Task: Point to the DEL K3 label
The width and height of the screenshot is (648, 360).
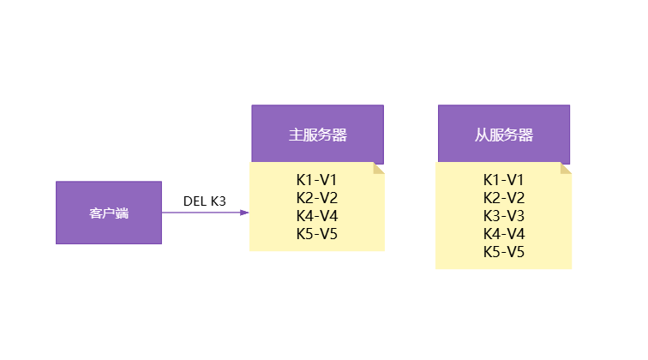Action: pyautogui.click(x=205, y=201)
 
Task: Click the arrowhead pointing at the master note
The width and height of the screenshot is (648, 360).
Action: pyautogui.click(x=244, y=213)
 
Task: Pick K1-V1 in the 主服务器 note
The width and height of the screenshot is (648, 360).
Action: pyautogui.click(x=317, y=180)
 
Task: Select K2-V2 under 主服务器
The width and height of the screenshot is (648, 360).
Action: pyautogui.click(x=317, y=198)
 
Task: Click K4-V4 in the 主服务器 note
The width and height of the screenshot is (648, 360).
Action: pyautogui.click(x=317, y=216)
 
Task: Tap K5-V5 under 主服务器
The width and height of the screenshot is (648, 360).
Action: pyautogui.click(x=317, y=234)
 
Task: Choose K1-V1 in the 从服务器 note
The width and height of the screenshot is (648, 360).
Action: pyautogui.click(x=504, y=180)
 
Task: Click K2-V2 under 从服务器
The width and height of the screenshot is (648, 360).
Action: pyautogui.click(x=504, y=198)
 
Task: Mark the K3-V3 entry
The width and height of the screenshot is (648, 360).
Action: pyautogui.click(x=504, y=216)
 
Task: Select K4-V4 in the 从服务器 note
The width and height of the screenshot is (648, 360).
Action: pyautogui.click(x=504, y=234)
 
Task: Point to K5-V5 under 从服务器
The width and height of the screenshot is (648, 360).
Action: pyautogui.click(x=504, y=252)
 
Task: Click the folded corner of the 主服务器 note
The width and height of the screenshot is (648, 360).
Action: pyautogui.click(x=379, y=168)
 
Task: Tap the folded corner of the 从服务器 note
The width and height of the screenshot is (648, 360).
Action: pyautogui.click(x=566, y=168)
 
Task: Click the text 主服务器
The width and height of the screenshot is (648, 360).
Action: pyautogui.click(x=317, y=135)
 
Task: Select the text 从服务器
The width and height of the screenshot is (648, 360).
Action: pyautogui.click(x=504, y=135)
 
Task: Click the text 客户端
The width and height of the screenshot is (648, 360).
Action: pyautogui.click(x=109, y=213)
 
